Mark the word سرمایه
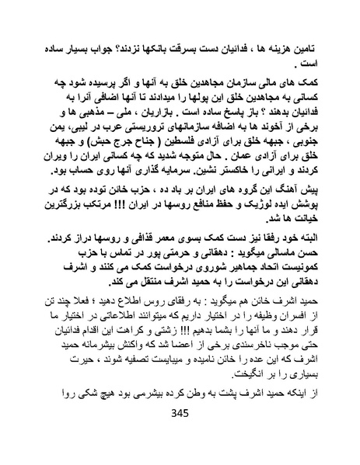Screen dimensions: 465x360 tap(142, 196)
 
